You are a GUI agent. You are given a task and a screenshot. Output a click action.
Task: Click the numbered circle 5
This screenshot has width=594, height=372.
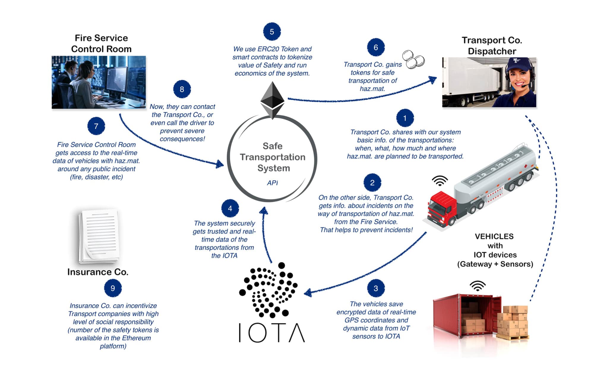coord(272,32)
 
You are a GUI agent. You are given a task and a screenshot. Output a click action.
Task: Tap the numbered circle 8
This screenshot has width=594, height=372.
coord(182,89)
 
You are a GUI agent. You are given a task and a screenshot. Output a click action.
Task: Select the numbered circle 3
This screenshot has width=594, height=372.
coord(376,288)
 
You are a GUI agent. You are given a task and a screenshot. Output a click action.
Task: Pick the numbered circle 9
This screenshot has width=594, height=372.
coord(113,288)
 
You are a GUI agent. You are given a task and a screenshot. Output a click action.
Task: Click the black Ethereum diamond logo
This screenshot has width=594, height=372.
coord(272,100)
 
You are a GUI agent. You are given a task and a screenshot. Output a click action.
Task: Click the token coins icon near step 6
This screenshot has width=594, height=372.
coord(413,59)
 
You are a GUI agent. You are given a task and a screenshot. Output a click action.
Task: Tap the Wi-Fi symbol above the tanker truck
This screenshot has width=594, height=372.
coord(440,180)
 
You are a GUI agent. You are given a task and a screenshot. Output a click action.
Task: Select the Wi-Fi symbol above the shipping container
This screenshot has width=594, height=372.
coord(478,286)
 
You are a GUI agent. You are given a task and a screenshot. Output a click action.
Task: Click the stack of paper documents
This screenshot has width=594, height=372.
coord(99,236)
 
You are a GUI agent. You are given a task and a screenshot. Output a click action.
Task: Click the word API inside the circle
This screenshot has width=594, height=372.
coord(272,183)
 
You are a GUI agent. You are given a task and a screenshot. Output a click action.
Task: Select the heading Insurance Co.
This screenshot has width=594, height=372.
coord(98,272)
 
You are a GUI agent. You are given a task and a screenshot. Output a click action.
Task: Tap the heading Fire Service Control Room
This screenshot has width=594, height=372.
coord(101,43)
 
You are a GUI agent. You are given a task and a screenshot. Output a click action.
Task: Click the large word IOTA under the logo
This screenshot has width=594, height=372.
coord(272,333)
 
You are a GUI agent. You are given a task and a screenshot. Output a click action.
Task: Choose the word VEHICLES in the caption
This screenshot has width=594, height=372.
coord(494,237)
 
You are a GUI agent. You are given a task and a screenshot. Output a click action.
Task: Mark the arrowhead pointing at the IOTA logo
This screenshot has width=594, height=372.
coord(308,293)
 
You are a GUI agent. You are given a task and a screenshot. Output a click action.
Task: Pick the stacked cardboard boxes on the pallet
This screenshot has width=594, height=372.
coord(513,322)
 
